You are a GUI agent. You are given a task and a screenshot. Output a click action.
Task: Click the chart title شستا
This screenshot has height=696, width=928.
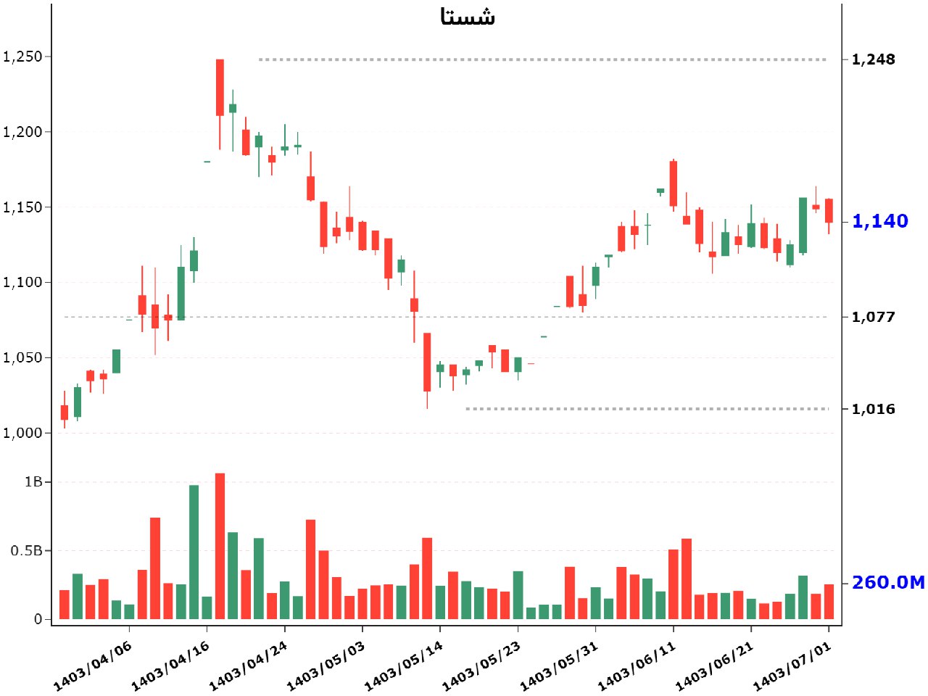pos(468,17)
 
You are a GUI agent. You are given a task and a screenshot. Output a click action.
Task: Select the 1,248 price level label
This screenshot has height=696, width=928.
pos(873,59)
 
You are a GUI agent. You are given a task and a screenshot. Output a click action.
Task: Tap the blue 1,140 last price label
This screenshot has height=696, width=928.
pos(879,221)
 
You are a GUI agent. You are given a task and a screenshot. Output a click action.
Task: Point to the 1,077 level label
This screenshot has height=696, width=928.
pos(873,317)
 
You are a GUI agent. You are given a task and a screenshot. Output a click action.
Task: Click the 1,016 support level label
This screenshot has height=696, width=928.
pos(873,409)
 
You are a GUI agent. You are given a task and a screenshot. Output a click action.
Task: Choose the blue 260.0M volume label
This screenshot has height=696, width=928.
pos(888,582)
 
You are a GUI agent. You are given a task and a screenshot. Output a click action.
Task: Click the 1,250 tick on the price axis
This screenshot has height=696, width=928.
pos(23,57)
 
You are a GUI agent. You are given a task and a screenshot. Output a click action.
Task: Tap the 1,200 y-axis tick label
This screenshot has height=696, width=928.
pos(23,132)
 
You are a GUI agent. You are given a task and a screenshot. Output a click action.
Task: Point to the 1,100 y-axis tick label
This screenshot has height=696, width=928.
pos(23,282)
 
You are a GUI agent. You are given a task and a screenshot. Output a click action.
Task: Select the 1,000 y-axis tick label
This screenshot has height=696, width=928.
pos(23,433)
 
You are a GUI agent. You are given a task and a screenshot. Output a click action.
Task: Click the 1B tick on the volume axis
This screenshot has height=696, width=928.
pos(33,482)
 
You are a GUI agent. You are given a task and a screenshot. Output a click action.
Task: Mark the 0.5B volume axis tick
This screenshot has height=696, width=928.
pos(27,551)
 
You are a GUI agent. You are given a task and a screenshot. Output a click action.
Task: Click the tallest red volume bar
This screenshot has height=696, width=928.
pos(220,546)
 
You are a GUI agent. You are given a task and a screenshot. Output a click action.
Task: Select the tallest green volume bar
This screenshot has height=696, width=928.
pos(194,552)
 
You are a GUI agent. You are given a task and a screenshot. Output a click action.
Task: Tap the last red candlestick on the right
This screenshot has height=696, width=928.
pos(829,210)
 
